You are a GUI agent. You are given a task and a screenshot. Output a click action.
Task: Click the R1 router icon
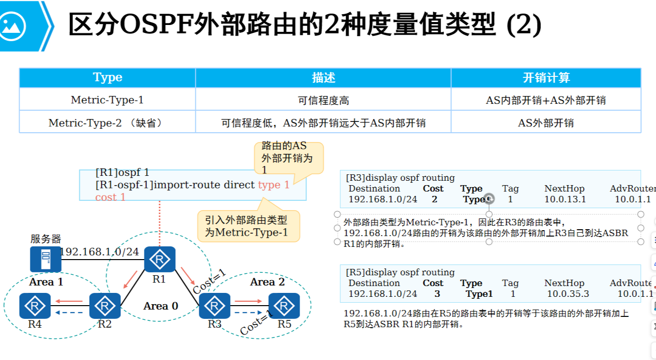160,259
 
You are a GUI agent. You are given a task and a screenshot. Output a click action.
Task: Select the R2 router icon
105,306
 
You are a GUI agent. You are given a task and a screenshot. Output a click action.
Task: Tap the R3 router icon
214,306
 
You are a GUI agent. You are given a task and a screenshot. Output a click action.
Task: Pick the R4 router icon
35,306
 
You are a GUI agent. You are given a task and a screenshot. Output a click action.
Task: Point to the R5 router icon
284,306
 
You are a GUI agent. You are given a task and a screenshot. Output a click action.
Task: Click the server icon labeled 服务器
46,259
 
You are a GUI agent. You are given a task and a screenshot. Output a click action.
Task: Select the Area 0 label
161,306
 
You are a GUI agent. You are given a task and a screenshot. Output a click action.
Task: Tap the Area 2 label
267,282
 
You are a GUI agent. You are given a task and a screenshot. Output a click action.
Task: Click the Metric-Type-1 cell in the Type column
107,100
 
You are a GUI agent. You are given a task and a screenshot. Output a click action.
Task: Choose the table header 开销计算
546,78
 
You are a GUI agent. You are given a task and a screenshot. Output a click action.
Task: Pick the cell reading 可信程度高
323,100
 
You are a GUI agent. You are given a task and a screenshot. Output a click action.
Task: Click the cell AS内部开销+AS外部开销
546,100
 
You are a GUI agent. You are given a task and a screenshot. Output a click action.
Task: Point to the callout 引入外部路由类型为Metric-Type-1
248,226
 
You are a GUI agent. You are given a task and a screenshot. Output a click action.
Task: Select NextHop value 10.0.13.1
565,199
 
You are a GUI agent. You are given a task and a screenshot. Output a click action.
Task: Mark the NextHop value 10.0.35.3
568,294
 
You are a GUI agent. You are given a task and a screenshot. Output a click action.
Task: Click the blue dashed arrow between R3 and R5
249,312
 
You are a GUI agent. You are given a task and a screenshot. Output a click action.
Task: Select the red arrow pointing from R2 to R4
69,301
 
